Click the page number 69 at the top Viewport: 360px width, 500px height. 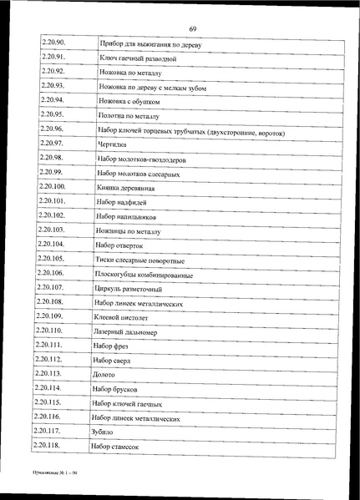tap(192, 7)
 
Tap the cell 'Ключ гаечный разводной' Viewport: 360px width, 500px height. tap(137, 59)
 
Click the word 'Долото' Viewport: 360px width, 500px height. tap(106, 376)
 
